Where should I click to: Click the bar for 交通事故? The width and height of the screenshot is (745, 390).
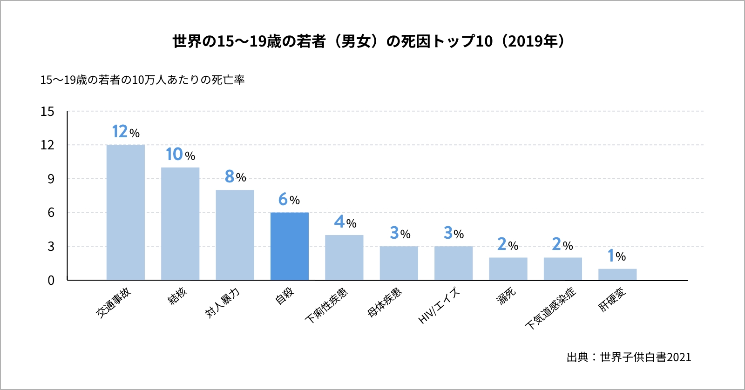(x=125, y=212)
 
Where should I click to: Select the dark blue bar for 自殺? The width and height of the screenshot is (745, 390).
(x=289, y=246)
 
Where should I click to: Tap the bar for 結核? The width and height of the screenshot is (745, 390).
(x=180, y=223)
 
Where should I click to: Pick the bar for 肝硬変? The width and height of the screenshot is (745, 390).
(x=617, y=274)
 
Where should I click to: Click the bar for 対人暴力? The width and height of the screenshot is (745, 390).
(x=235, y=235)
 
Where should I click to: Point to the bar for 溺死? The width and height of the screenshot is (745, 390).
(x=508, y=269)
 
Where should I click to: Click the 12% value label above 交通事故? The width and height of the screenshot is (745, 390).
(x=126, y=132)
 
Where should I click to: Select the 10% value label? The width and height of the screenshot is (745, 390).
(x=180, y=154)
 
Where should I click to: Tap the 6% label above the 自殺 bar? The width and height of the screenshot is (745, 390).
(x=289, y=200)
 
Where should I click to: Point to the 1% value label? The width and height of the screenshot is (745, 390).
(x=617, y=256)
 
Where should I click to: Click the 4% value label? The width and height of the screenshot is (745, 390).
(x=345, y=222)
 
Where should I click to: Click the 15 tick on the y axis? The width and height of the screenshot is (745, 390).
(x=47, y=112)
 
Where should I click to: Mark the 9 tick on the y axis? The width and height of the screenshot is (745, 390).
(x=51, y=179)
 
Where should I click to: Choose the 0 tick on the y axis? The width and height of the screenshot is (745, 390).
(x=51, y=280)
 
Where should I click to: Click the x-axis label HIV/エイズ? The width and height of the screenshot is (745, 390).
(x=439, y=306)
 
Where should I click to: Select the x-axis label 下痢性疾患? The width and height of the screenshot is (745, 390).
(x=326, y=306)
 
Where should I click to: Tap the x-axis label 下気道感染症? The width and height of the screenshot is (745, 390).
(x=551, y=308)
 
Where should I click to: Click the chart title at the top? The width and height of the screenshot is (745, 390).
(x=368, y=41)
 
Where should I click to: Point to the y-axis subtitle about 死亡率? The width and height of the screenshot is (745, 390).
(x=142, y=80)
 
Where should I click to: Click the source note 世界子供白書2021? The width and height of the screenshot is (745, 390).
(x=629, y=357)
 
